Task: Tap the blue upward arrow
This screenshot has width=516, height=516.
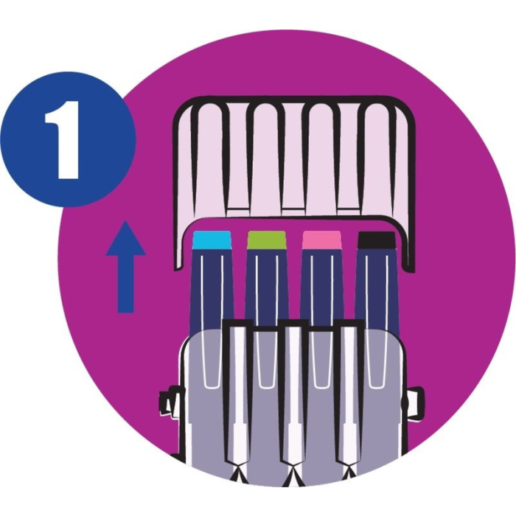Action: [x=126, y=267]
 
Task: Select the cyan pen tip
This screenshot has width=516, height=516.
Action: [x=212, y=240]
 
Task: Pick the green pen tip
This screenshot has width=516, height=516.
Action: [x=267, y=240]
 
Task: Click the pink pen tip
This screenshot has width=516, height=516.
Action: [x=321, y=240]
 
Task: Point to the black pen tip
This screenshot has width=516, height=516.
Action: [x=376, y=240]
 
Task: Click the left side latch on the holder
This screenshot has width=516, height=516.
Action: [x=170, y=402]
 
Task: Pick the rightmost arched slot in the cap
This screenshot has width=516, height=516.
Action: [x=378, y=158]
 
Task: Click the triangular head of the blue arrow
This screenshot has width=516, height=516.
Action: [x=126, y=239]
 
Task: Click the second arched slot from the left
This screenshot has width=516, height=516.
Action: [x=267, y=158]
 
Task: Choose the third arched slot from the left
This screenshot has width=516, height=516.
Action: [x=323, y=158]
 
